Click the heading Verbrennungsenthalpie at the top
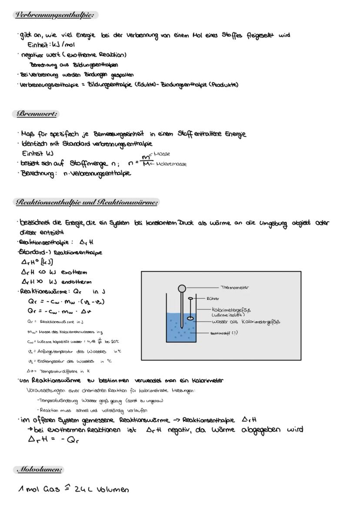[x=54, y=15]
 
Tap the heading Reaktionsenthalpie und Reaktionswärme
[x=86, y=202]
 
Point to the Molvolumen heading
[x=39, y=469]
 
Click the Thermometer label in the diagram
[x=235, y=288]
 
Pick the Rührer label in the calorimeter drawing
[x=213, y=299]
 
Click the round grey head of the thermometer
[x=182, y=288]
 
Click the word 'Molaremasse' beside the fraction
[x=171, y=164]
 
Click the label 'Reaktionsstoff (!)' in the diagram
[x=224, y=333]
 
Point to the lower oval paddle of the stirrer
[x=190, y=319]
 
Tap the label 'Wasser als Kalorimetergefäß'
[x=246, y=322]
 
